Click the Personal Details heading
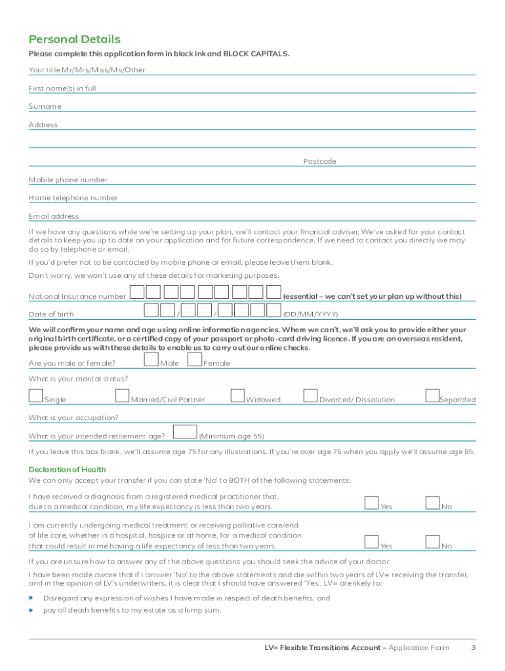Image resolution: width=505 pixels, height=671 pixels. pyautogui.click(x=74, y=39)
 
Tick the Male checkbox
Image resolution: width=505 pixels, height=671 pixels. pyautogui.click(x=151, y=359)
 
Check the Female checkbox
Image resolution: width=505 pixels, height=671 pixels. pyautogui.click(x=194, y=359)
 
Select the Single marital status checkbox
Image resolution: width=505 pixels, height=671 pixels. pyautogui.click(x=35, y=396)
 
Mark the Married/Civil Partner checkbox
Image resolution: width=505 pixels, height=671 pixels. pyautogui.click(x=122, y=396)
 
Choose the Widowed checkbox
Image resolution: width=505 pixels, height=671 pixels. pyautogui.click(x=237, y=396)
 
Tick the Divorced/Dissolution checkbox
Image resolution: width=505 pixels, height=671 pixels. pyautogui.click(x=310, y=396)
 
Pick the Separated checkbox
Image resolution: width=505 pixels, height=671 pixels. pyautogui.click(x=432, y=396)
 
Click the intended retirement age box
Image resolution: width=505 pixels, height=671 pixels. pyautogui.click(x=185, y=432)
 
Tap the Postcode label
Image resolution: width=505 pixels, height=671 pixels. pyautogui.click(x=319, y=161)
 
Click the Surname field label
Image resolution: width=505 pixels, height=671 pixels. pyautogui.click(x=45, y=106)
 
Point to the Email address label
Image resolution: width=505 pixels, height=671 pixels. pyautogui.click(x=53, y=216)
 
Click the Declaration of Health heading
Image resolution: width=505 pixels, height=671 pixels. pyautogui.click(x=67, y=469)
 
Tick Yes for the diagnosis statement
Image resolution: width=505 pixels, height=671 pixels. pyautogui.click(x=372, y=503)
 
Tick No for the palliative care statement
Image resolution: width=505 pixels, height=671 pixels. pyautogui.click(x=432, y=543)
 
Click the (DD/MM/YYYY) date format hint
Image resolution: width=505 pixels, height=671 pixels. pyautogui.click(x=310, y=314)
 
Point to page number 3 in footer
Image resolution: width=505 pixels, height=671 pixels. pyautogui.click(x=473, y=648)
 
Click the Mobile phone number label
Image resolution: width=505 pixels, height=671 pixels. pyautogui.click(x=68, y=180)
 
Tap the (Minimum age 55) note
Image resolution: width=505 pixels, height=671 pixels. pyautogui.click(x=232, y=436)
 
